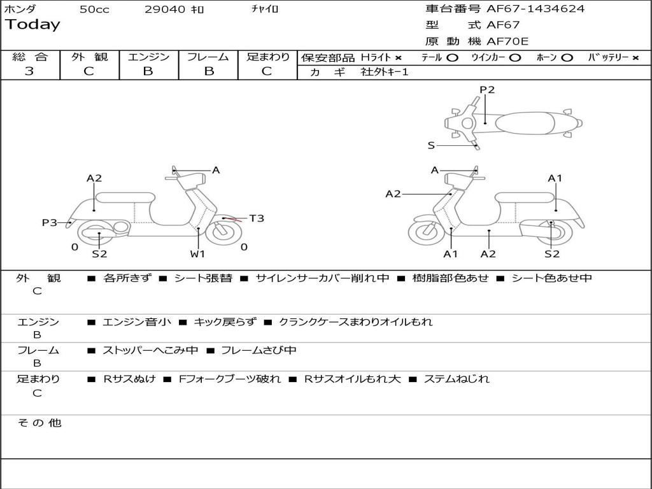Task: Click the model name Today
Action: coord(32,25)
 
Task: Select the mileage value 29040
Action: coord(166,10)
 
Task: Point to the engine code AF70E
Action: coord(507,41)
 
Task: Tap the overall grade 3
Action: coord(29,71)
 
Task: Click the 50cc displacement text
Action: coord(94,10)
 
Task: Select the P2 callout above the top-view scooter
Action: coord(487,90)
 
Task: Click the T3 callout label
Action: coord(256,218)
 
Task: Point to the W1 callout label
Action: coord(198,254)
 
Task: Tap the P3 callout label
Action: coord(50,223)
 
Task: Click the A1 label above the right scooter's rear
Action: coord(555,178)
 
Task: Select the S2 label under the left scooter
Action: coord(99,254)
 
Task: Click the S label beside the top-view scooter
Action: coord(431,145)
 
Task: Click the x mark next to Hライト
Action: coord(399,58)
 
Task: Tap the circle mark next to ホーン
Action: coord(567,58)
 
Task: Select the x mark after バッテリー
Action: coord(635,58)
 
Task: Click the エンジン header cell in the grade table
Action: coord(148,57)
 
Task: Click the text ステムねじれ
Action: coord(457,379)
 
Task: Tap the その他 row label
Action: coord(39,423)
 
